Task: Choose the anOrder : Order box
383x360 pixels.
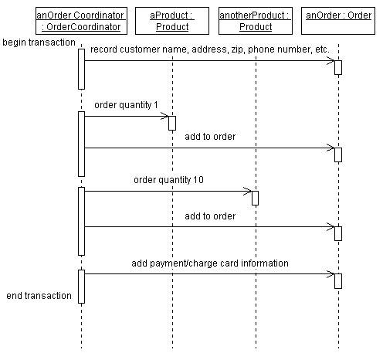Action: coord(337,15)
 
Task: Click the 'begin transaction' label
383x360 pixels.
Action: coord(39,42)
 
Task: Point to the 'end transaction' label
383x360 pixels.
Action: coord(39,296)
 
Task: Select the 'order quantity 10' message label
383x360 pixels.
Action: coord(168,180)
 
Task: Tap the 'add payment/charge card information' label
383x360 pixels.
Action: coord(210,263)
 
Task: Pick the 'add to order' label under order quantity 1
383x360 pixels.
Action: coord(210,137)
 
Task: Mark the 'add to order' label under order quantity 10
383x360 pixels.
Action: coord(210,216)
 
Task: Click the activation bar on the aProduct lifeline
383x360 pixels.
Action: coord(172,123)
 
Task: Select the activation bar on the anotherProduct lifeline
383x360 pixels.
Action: coord(255,198)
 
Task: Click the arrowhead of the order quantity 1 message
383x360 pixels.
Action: coord(164,116)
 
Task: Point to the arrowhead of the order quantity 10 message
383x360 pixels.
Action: coord(247,191)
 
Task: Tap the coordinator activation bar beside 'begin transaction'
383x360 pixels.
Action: coord(81,68)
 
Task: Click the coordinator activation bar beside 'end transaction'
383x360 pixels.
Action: coord(81,286)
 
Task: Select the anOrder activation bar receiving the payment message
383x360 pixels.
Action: coord(337,281)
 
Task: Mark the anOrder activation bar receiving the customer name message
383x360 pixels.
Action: coord(337,67)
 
